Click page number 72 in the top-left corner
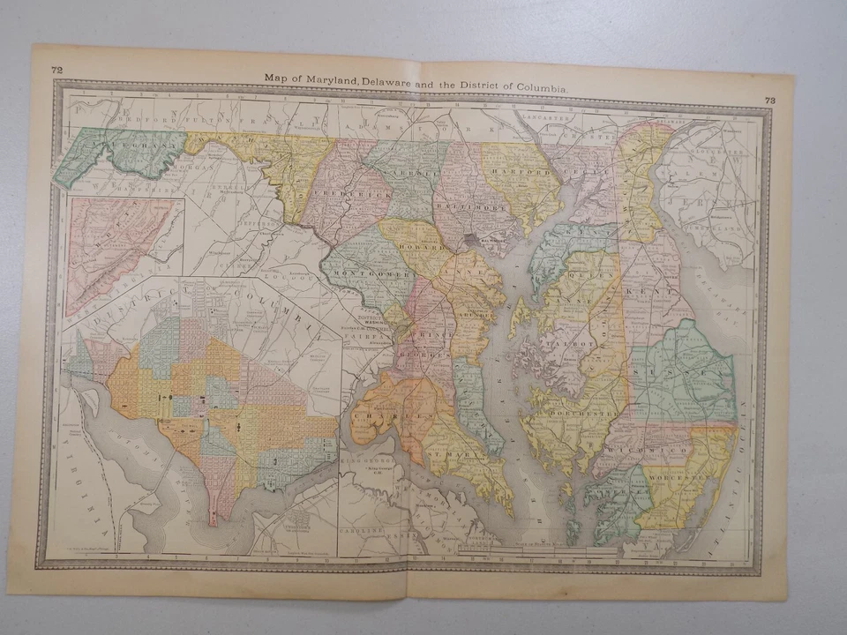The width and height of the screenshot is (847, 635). coord(56,70)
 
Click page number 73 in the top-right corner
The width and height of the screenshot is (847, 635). coord(769,101)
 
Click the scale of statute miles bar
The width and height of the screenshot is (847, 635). coord(529,553)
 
